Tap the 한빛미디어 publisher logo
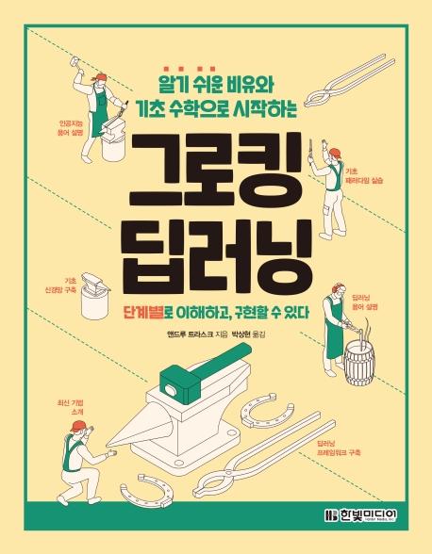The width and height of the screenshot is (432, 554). [x=361, y=514]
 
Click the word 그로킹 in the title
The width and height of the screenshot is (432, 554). [x=216, y=171]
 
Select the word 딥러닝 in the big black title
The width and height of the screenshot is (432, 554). [x=217, y=255]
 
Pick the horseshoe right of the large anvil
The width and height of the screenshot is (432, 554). [x=266, y=410]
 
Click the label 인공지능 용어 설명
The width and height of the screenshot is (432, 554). [x=70, y=128]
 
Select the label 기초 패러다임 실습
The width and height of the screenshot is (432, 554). [x=364, y=176]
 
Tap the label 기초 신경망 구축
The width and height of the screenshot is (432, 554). [x=60, y=285]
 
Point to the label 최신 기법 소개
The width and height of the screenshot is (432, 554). [x=72, y=407]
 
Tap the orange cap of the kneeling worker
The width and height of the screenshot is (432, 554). [x=77, y=426]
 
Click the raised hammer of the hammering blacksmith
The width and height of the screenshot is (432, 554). [x=75, y=61]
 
